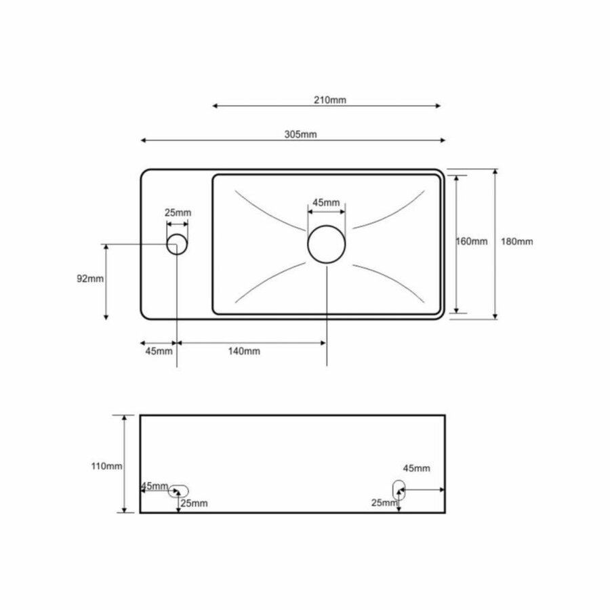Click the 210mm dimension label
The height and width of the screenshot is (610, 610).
click(x=330, y=100)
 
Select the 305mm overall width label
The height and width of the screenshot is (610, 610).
click(x=300, y=134)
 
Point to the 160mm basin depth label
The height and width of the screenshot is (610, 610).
click(x=472, y=242)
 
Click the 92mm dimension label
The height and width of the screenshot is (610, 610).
click(x=91, y=279)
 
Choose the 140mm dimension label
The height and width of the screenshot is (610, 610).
click(x=244, y=351)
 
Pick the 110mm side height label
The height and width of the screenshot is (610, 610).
click(x=109, y=466)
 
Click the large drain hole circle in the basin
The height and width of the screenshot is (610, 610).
click(x=327, y=244)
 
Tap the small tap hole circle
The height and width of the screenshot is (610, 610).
click(x=177, y=244)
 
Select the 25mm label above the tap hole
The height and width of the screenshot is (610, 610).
click(x=178, y=212)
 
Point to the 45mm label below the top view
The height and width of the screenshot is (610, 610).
click(x=159, y=351)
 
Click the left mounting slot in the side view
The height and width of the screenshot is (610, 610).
click(x=179, y=491)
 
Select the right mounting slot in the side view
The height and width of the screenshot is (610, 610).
click(x=399, y=487)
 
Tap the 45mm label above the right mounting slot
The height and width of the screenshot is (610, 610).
click(x=416, y=468)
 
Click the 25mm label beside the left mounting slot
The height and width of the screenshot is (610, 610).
click(x=195, y=503)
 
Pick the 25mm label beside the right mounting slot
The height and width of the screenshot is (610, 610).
click(x=384, y=502)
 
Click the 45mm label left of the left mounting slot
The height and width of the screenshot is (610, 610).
click(x=155, y=486)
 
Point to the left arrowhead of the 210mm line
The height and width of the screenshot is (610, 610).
click(x=215, y=106)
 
